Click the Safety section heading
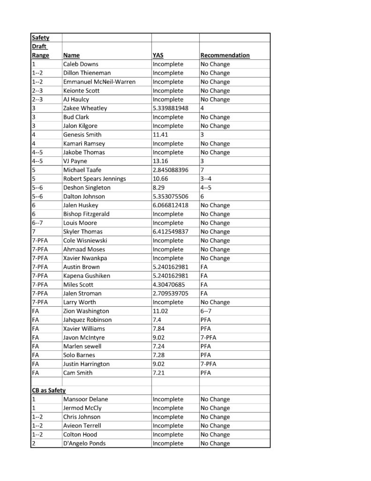tap(40, 38)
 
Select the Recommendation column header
tap(225, 55)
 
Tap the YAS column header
tap(158, 55)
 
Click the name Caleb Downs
tap(81, 64)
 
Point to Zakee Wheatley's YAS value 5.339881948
tap(171, 109)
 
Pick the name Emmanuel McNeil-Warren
tap(99, 82)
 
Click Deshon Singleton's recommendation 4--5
tap(206, 187)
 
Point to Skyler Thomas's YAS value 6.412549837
tap(171, 232)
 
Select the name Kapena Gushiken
tap(86, 276)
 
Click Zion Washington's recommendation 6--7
tap(206, 311)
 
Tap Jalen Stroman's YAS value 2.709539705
tap(171, 294)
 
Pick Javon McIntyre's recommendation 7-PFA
tap(209, 338)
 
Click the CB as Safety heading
tap(49, 390)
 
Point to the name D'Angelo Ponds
tap(84, 443)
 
